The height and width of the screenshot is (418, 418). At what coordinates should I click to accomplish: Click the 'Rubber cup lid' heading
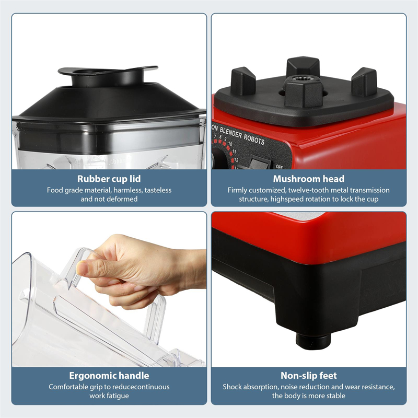109,179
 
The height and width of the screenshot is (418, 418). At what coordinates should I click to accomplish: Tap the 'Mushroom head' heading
308,179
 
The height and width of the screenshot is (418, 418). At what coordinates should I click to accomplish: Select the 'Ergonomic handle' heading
109,376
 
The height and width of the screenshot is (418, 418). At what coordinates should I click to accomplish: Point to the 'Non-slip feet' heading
308,376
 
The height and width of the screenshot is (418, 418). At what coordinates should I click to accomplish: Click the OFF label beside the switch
279,167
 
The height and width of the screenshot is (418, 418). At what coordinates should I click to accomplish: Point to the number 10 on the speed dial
230,144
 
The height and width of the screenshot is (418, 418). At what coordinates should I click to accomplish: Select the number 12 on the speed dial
236,159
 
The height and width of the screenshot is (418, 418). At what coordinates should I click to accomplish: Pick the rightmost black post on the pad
364,82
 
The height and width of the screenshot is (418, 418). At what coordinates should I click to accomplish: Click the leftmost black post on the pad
243,82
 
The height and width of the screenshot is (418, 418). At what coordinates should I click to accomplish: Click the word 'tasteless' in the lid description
155,190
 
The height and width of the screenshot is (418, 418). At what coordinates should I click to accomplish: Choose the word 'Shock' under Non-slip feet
233,387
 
